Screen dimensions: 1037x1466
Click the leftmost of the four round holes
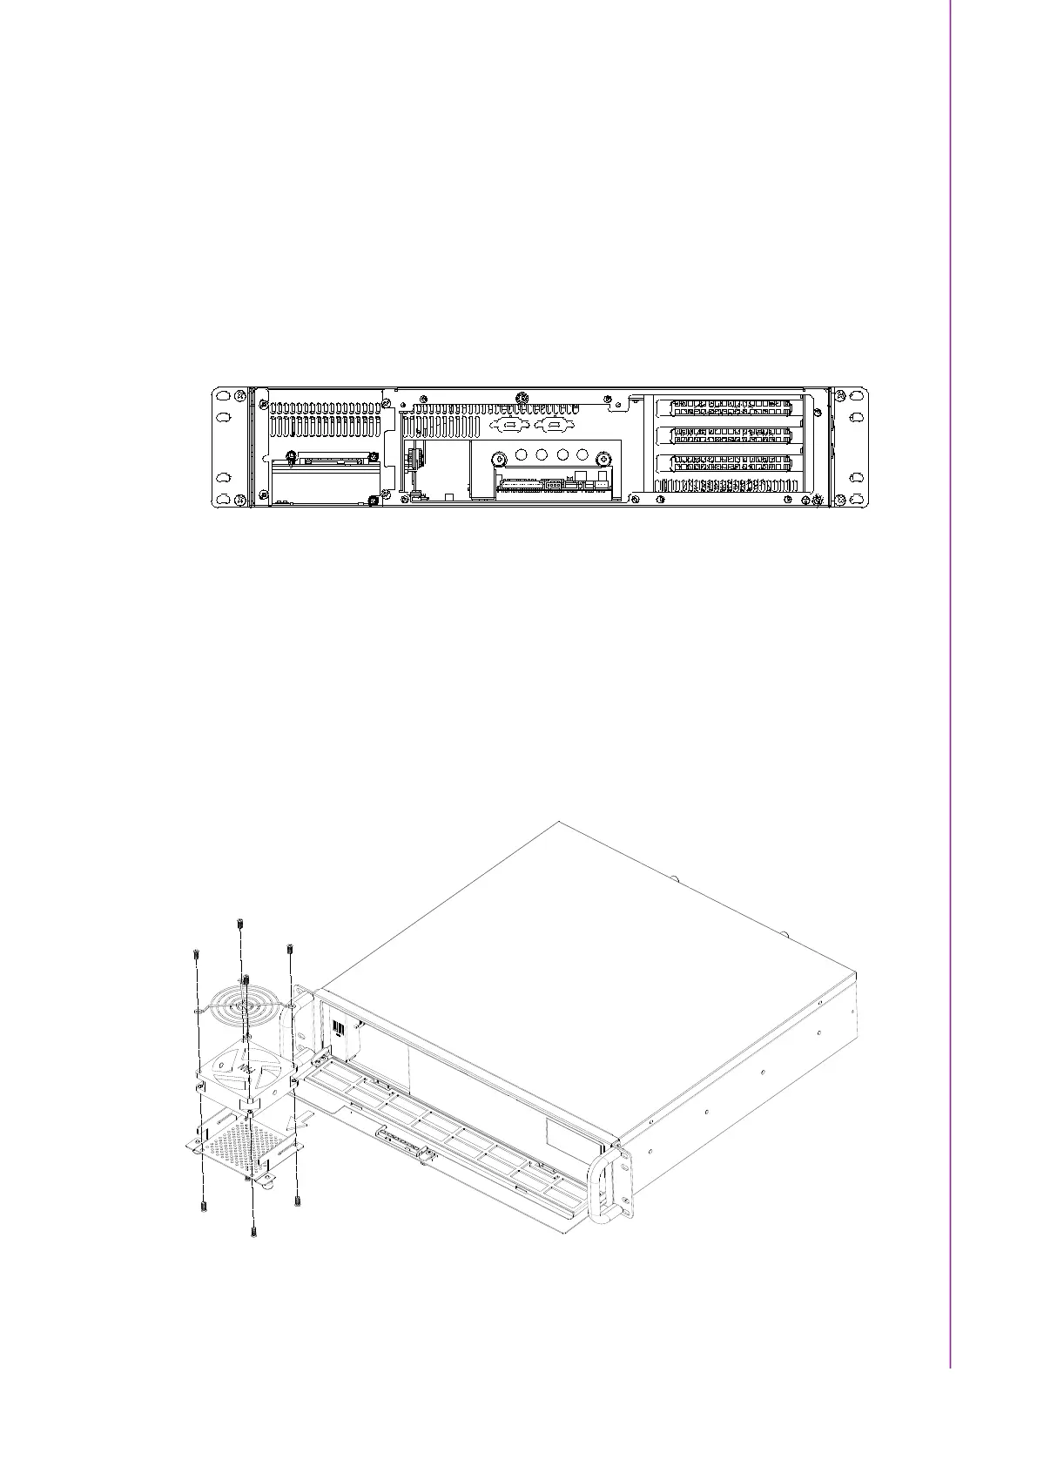click(x=521, y=454)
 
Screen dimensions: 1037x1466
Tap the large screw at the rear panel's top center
click(x=521, y=400)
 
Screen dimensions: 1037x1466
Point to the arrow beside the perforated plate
click(x=300, y=1116)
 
